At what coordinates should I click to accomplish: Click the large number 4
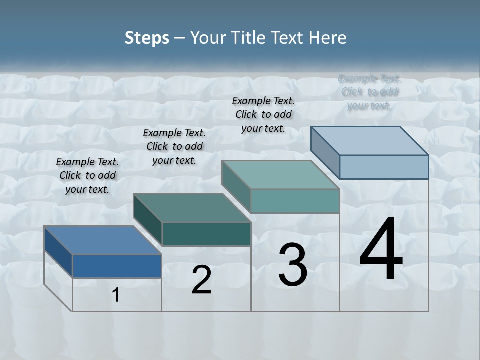click(x=381, y=250)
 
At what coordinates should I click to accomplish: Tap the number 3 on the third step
click(x=293, y=265)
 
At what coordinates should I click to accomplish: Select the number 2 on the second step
click(x=201, y=280)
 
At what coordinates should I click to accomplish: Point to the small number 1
click(x=116, y=295)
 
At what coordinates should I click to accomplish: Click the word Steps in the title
click(x=147, y=38)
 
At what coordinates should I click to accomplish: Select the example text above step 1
click(x=87, y=175)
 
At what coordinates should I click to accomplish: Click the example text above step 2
click(x=174, y=146)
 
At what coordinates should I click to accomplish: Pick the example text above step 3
click(x=263, y=114)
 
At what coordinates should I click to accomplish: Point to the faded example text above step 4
click(x=369, y=92)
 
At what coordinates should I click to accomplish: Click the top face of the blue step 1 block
click(x=102, y=240)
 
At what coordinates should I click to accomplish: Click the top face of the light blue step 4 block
click(x=369, y=141)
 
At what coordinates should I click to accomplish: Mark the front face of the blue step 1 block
click(x=117, y=266)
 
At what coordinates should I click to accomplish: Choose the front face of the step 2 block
click(x=206, y=234)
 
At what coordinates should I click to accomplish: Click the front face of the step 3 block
click(x=295, y=201)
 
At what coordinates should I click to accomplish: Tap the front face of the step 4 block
click(x=384, y=167)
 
